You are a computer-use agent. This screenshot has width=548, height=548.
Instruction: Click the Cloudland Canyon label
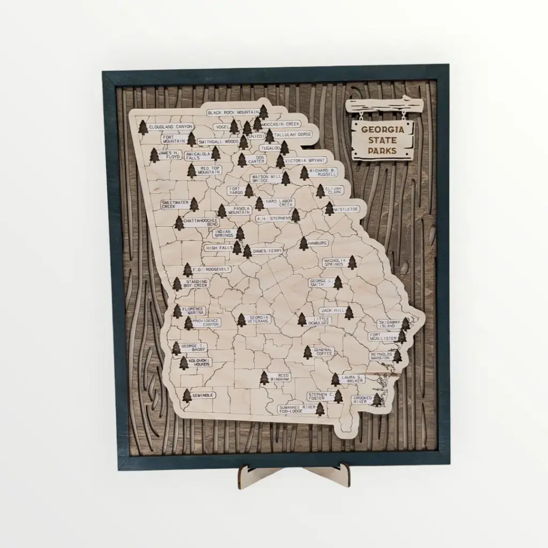click(x=170, y=127)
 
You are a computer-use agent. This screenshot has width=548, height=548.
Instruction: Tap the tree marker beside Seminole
click(x=187, y=395)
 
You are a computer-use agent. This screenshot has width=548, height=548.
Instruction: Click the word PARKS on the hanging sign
click(x=383, y=151)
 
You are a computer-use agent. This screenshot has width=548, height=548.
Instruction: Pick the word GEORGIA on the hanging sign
click(x=383, y=130)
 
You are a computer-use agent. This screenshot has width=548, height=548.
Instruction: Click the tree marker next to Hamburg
click(x=303, y=243)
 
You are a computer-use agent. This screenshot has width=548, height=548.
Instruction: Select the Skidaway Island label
click(x=389, y=324)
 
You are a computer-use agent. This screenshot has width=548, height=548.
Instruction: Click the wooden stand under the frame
click(x=294, y=474)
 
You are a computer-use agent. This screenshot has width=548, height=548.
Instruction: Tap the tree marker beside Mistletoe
click(x=329, y=209)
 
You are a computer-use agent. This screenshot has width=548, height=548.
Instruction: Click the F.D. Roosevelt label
click(x=212, y=270)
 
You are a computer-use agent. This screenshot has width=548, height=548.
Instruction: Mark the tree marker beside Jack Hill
click(x=349, y=313)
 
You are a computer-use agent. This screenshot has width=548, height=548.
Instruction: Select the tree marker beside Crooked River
click(x=377, y=399)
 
